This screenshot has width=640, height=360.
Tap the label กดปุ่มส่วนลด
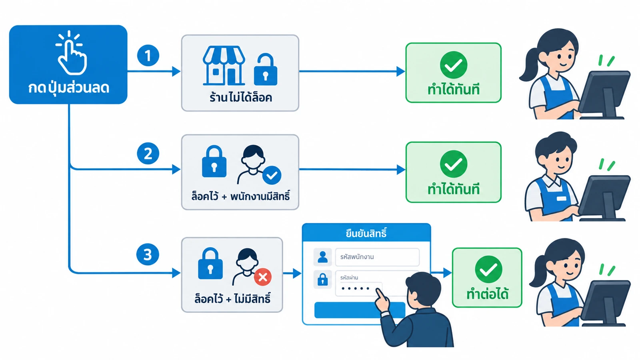(x=68, y=88)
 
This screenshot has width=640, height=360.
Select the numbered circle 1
(x=148, y=56)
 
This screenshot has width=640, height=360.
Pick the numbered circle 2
(x=148, y=154)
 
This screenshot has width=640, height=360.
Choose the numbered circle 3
(x=148, y=254)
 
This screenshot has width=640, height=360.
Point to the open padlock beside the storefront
(x=266, y=70)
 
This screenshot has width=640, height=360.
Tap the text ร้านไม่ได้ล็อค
(x=240, y=98)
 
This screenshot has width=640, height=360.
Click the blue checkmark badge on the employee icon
(x=272, y=175)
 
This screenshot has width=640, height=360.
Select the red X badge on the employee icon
(x=263, y=277)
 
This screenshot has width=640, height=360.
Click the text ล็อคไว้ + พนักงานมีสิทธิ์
(x=240, y=196)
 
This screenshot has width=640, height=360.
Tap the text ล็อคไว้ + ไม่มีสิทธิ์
(x=232, y=299)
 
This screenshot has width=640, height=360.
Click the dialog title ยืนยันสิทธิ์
(x=366, y=234)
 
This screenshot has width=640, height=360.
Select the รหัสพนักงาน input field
(x=377, y=257)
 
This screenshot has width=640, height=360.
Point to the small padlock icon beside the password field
(x=322, y=279)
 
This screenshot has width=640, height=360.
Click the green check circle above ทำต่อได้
(x=488, y=269)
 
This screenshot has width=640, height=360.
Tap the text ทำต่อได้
(x=488, y=294)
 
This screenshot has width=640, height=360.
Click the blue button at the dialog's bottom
(x=360, y=310)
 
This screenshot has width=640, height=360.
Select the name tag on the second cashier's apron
(x=562, y=198)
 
